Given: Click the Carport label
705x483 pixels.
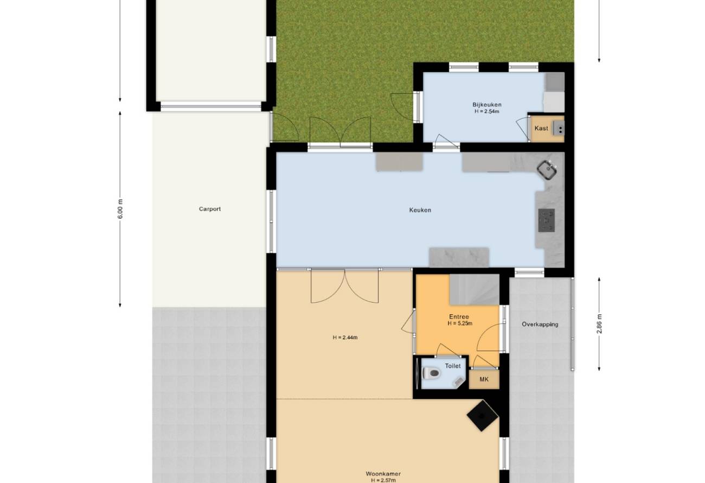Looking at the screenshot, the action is click(x=210, y=209).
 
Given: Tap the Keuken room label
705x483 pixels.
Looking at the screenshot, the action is click(x=420, y=210).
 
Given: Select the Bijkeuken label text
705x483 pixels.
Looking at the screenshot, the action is click(x=486, y=105).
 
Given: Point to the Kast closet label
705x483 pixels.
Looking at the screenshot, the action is click(x=541, y=129).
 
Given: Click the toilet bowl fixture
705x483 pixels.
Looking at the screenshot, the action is click(x=431, y=373).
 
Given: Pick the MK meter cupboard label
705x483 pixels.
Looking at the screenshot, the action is click(x=484, y=379).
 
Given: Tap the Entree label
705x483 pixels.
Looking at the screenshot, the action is click(x=459, y=317).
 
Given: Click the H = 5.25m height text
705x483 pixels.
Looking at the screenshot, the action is click(x=460, y=323).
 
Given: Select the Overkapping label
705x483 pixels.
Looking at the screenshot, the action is click(x=540, y=325).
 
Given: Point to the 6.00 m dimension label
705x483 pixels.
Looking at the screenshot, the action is click(x=120, y=209).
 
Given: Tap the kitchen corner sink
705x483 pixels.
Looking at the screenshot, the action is click(x=547, y=170).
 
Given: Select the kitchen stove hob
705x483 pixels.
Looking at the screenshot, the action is click(x=546, y=220).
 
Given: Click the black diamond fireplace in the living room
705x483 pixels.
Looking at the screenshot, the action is click(x=482, y=416).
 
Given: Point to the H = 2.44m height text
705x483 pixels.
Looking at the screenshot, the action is click(x=345, y=338).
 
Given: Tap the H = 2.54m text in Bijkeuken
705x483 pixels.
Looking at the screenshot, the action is click(x=486, y=111).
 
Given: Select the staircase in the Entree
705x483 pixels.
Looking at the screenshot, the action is click(x=474, y=289).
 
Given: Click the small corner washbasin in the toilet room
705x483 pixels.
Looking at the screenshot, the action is click(x=458, y=382).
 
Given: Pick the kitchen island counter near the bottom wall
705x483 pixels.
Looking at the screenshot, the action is click(x=459, y=257).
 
